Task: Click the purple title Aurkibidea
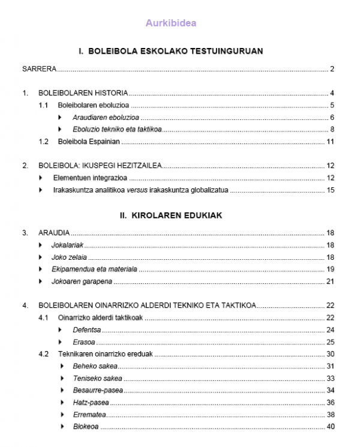click(x=171, y=23)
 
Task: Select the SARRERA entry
click(x=39, y=69)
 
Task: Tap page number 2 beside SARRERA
click(x=332, y=69)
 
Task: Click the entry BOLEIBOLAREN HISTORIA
click(x=83, y=93)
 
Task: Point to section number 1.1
click(x=43, y=105)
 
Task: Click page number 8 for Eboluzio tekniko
click(x=332, y=130)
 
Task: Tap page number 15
click(x=330, y=190)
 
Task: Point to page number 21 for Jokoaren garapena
click(x=330, y=281)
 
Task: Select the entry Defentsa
click(x=86, y=330)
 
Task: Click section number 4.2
click(x=43, y=354)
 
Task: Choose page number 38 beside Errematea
click(x=330, y=415)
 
